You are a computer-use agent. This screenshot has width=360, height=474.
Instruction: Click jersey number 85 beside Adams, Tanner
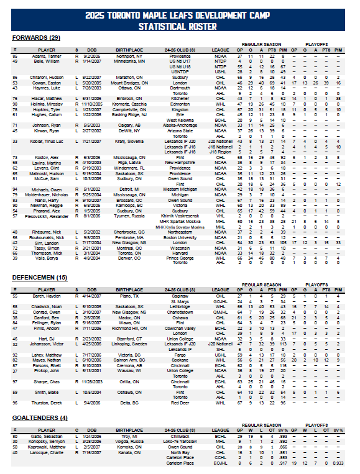pos(15,56)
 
